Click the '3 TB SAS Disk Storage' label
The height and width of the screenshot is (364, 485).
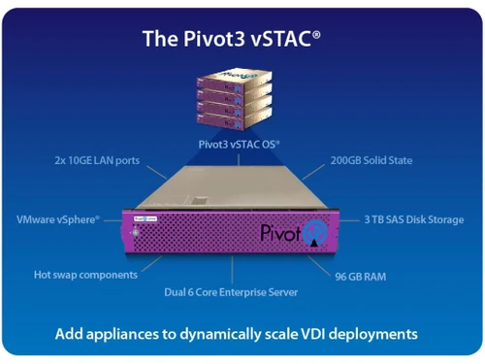tap(415, 219)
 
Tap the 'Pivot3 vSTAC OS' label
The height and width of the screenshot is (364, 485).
tap(238, 144)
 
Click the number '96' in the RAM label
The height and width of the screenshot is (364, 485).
tap(341, 276)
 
